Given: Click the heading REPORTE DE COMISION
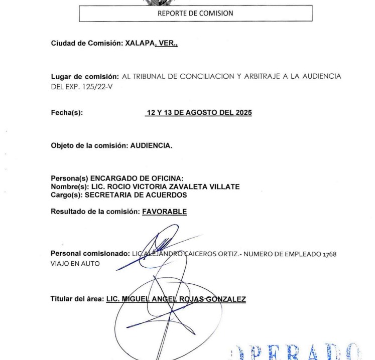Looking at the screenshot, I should click(x=195, y=14).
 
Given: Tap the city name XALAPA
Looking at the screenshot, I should click(x=140, y=44).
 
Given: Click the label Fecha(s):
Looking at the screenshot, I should click(x=67, y=113).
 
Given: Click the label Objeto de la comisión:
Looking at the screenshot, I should click(x=89, y=146).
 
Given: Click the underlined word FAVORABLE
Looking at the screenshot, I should click(x=164, y=212).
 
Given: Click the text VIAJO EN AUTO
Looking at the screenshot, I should click(x=75, y=263).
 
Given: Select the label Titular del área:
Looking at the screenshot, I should click(x=77, y=299).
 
